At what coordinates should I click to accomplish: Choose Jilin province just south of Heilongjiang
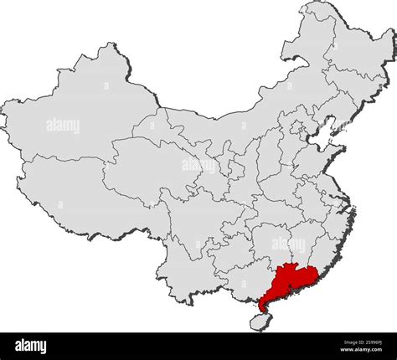[352, 96]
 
